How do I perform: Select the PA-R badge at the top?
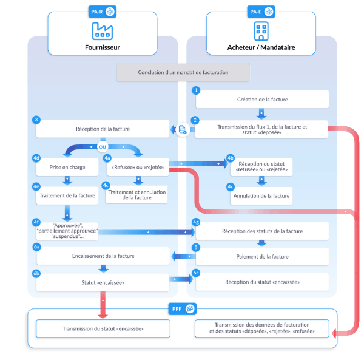click(x=101, y=11)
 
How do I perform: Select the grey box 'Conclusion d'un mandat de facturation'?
click(x=183, y=72)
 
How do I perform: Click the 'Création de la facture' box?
click(x=262, y=99)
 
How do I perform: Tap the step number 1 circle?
click(x=195, y=90)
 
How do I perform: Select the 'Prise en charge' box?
click(x=67, y=166)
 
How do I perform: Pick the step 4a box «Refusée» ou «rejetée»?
click(x=136, y=167)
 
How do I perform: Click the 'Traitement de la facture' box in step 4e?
click(x=67, y=195)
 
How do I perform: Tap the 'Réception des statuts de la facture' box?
click(x=262, y=231)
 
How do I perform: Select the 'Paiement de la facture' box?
click(x=262, y=256)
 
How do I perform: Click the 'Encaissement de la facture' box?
click(x=102, y=256)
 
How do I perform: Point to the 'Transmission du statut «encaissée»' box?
click(x=102, y=328)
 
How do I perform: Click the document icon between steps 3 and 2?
click(x=181, y=129)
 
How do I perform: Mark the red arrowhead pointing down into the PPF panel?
click(x=103, y=314)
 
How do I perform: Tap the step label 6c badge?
click(x=195, y=273)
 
